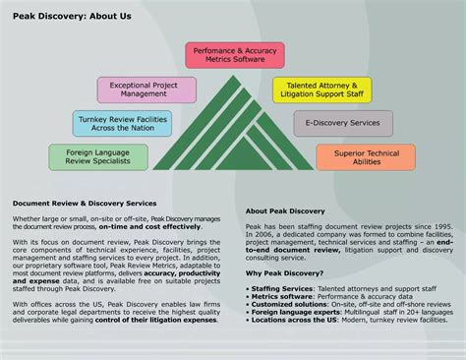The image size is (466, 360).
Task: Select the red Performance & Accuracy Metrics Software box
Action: click(x=235, y=55)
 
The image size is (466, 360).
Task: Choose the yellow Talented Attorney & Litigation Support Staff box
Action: click(x=321, y=90)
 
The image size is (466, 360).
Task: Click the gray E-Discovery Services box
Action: click(x=343, y=123)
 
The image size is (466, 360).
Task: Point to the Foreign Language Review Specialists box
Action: click(x=98, y=157)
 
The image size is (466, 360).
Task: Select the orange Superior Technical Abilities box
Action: click(x=366, y=157)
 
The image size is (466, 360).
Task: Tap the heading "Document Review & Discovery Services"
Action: click(x=85, y=204)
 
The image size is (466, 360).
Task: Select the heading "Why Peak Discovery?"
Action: click(x=285, y=273)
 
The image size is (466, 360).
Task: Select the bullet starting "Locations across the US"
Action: click(x=335, y=321)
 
